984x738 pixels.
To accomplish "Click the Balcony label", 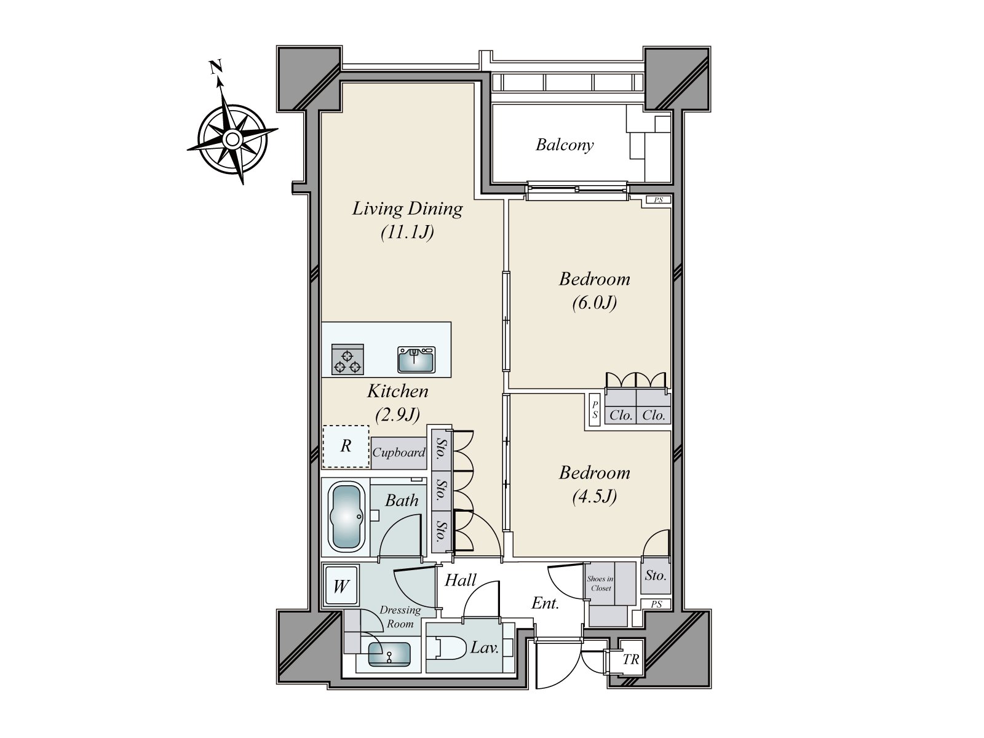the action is click(565, 145).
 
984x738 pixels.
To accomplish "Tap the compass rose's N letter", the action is click(216, 67).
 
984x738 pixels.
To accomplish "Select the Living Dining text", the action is click(407, 209).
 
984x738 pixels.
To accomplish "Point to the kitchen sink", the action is click(416, 359).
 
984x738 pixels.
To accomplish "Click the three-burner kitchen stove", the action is click(347, 359).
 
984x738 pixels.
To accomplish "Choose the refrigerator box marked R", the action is click(346, 446).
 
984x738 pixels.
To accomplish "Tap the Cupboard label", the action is click(399, 453).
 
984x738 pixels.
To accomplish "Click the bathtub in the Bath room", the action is click(346, 517).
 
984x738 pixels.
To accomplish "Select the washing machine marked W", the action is click(341, 586).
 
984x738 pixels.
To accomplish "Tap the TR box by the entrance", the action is click(631, 659).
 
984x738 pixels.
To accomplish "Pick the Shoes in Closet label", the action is click(600, 584).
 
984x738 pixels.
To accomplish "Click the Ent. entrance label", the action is click(545, 604).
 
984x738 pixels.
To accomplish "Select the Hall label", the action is click(461, 581).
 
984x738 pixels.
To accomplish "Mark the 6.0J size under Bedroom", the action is click(595, 303).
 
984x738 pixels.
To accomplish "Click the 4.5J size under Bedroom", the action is click(595, 497).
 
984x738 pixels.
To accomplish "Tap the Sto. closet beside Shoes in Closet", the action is click(656, 576).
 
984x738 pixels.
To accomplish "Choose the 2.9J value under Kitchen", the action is click(398, 415).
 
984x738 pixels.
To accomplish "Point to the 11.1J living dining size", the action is click(408, 232).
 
